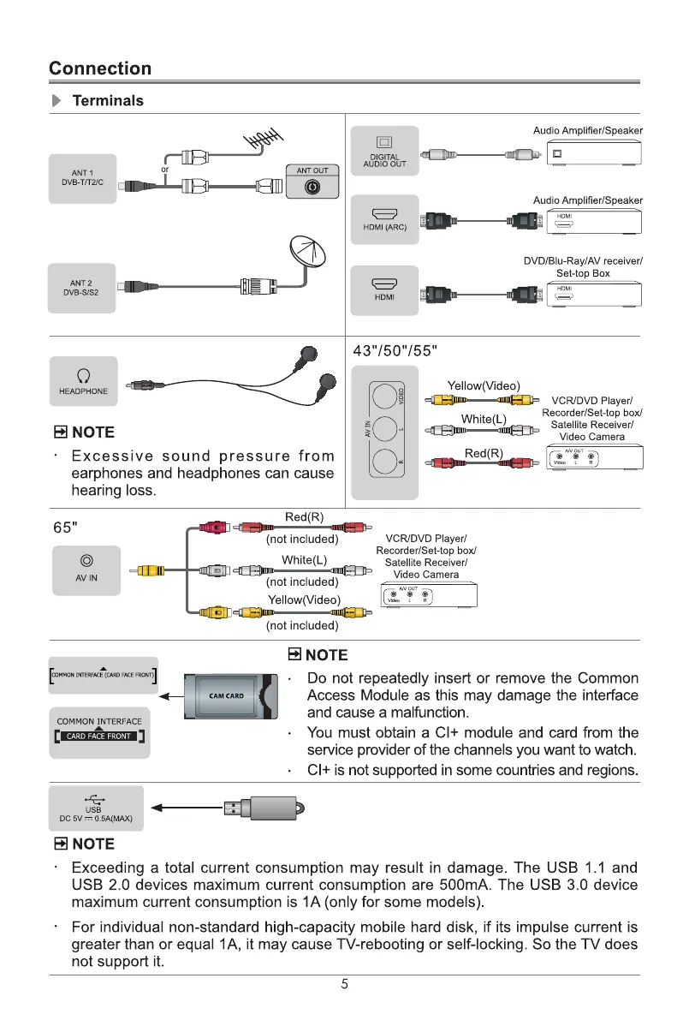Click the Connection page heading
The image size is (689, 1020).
coord(100,69)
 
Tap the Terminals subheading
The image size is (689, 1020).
coord(108,100)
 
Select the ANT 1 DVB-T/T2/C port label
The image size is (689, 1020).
coord(82,178)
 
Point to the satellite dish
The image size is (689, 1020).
coord(308,253)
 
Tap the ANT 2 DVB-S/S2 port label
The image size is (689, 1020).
coord(82,288)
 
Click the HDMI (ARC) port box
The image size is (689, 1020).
coord(384,219)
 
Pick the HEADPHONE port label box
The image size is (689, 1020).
coord(83,381)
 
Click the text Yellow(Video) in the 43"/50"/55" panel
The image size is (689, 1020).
coord(484,385)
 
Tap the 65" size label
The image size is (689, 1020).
coord(65,525)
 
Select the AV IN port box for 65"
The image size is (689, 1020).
coord(86,568)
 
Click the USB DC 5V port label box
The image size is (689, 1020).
coord(94,808)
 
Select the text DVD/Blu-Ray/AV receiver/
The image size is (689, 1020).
coord(583,260)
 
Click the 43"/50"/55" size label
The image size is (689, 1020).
coord(395,349)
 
